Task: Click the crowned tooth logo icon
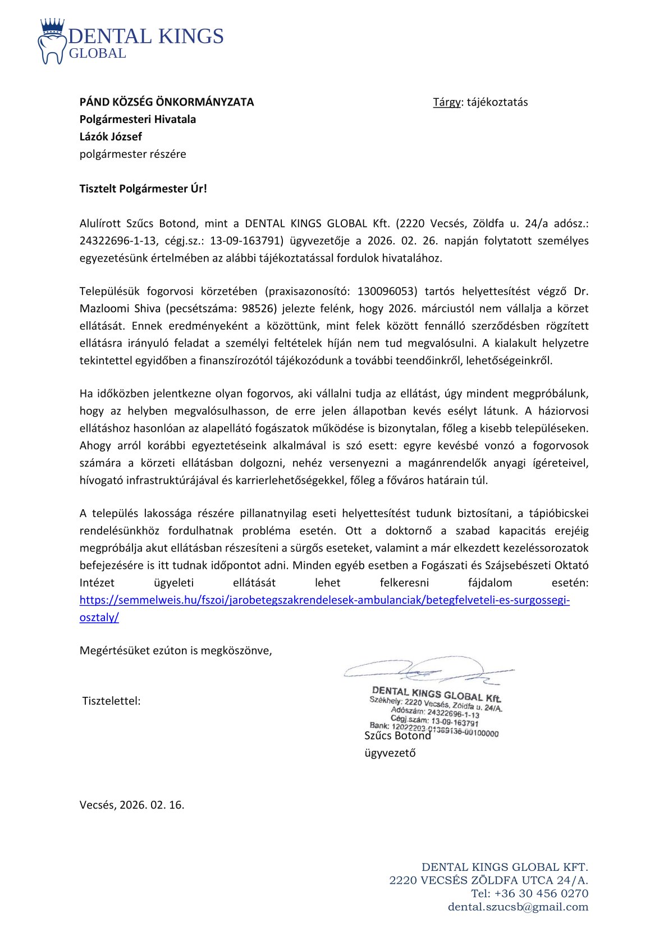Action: point(52,41)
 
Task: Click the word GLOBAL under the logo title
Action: point(97,53)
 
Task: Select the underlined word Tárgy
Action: point(446,102)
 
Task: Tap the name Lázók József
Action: point(111,136)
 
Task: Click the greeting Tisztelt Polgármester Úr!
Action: point(143,189)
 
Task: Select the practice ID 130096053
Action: point(387,291)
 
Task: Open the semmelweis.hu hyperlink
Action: point(324,600)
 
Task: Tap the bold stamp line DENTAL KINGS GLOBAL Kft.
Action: point(436,694)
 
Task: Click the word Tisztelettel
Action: point(111,701)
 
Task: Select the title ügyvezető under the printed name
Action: point(390,753)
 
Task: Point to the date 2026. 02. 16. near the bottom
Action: point(152,805)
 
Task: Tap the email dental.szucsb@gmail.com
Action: point(518,907)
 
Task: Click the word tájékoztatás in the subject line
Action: point(497,102)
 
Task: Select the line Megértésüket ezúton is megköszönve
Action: point(176,651)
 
